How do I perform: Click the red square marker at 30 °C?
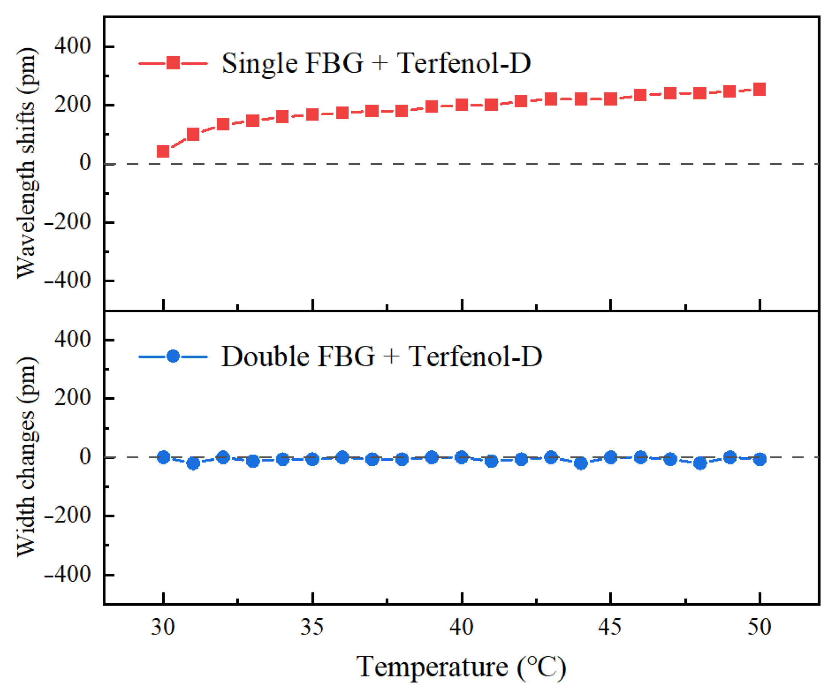163,151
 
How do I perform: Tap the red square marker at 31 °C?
193,134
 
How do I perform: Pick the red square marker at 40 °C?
462,105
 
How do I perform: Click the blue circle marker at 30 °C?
163,457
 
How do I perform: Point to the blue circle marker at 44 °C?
581,463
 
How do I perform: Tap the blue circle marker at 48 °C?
700,463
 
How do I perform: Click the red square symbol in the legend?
173,63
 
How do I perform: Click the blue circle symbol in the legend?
173,356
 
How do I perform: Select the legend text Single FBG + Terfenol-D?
376,63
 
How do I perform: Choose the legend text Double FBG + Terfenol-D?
381,356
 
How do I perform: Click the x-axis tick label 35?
312,627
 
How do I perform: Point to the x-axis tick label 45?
610,627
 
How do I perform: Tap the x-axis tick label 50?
759,627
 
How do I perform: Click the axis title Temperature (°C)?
461,667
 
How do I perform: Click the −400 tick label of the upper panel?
67,280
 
